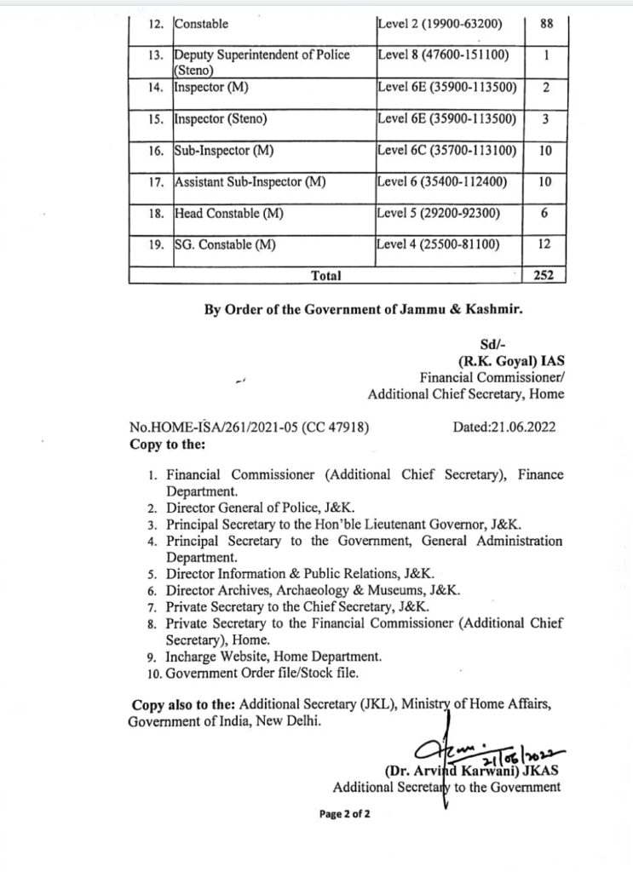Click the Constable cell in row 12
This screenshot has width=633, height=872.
coord(201,25)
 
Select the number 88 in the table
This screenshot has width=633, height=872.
coord(547,24)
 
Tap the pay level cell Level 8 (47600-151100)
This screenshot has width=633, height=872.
coord(443,55)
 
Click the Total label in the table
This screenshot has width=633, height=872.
coord(326,275)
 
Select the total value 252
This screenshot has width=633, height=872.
coord(544,275)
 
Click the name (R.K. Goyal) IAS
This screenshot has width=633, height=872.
coord(510,360)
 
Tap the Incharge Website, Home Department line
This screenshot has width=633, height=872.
coord(273,657)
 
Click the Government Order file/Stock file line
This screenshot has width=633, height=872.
coord(262,673)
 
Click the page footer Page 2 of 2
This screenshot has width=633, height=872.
coord(344,814)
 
